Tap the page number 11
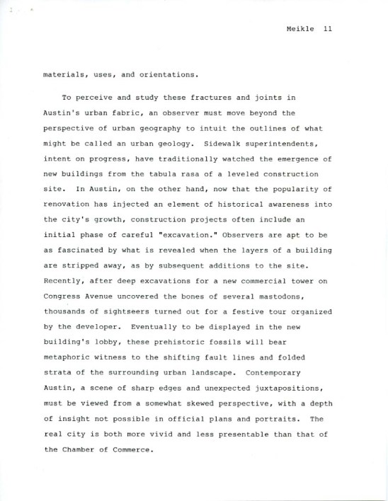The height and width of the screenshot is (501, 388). pyautogui.click(x=327, y=29)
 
